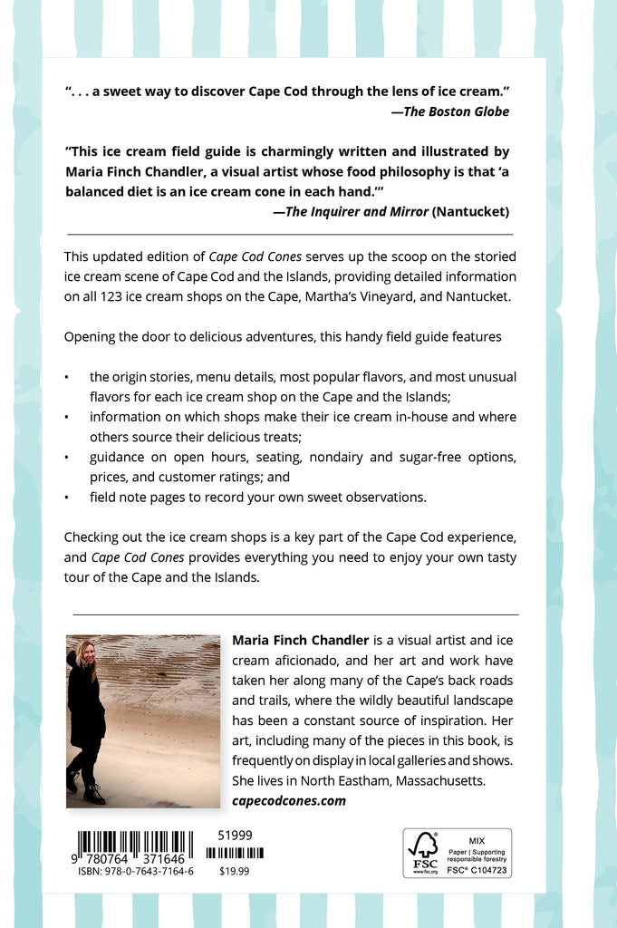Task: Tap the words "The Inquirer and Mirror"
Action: pyautogui.click(x=356, y=211)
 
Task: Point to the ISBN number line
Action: pyautogui.click(x=136, y=872)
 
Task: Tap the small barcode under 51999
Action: pyautogui.click(x=235, y=853)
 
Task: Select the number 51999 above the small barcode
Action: pyautogui.click(x=236, y=835)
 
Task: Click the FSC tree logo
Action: pyautogui.click(x=423, y=848)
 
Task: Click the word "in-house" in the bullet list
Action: pyautogui.click(x=426, y=417)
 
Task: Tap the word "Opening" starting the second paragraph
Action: pyautogui.click(x=89, y=336)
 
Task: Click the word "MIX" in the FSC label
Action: pyautogui.click(x=477, y=840)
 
